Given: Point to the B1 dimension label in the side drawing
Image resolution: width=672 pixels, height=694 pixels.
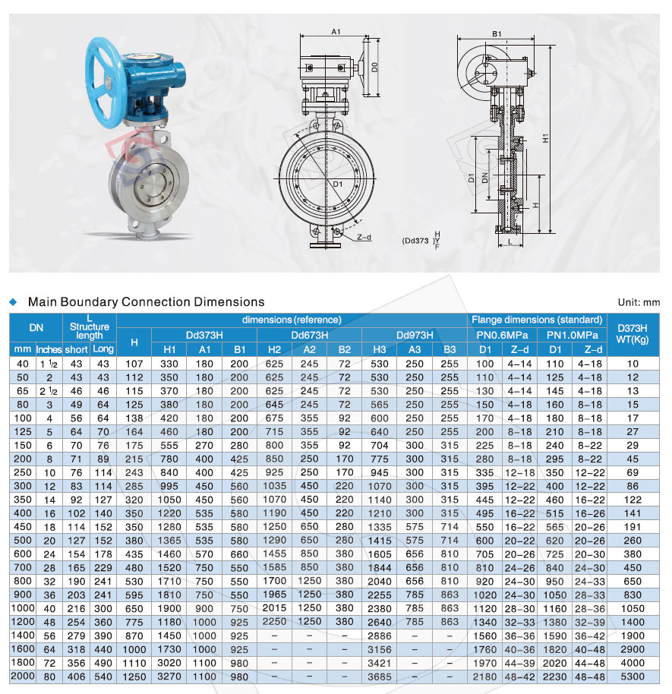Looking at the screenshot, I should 497,33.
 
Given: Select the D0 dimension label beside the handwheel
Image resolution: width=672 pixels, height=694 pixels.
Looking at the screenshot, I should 375,67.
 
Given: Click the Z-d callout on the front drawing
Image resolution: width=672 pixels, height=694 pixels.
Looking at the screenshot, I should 364,237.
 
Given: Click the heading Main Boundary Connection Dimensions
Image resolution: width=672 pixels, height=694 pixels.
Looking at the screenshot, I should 146,302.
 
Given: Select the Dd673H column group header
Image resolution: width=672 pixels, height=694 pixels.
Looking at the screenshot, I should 309,335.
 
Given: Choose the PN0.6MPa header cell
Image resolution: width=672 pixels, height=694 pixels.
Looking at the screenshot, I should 502,335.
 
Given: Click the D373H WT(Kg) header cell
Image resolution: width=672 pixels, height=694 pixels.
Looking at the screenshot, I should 633,334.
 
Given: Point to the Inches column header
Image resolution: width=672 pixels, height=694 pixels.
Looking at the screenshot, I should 49,349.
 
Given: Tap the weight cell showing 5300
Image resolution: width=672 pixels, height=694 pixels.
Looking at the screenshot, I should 633,677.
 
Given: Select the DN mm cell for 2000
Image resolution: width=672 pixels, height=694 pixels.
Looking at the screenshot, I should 22,677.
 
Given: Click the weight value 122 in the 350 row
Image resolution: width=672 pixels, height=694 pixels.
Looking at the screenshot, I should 633,500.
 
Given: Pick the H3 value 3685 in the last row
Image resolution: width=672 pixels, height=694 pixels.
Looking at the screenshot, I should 380,677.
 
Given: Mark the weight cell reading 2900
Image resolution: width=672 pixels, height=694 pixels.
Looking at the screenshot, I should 633,649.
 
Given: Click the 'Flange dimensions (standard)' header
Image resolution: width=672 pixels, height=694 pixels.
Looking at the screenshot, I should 537,320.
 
